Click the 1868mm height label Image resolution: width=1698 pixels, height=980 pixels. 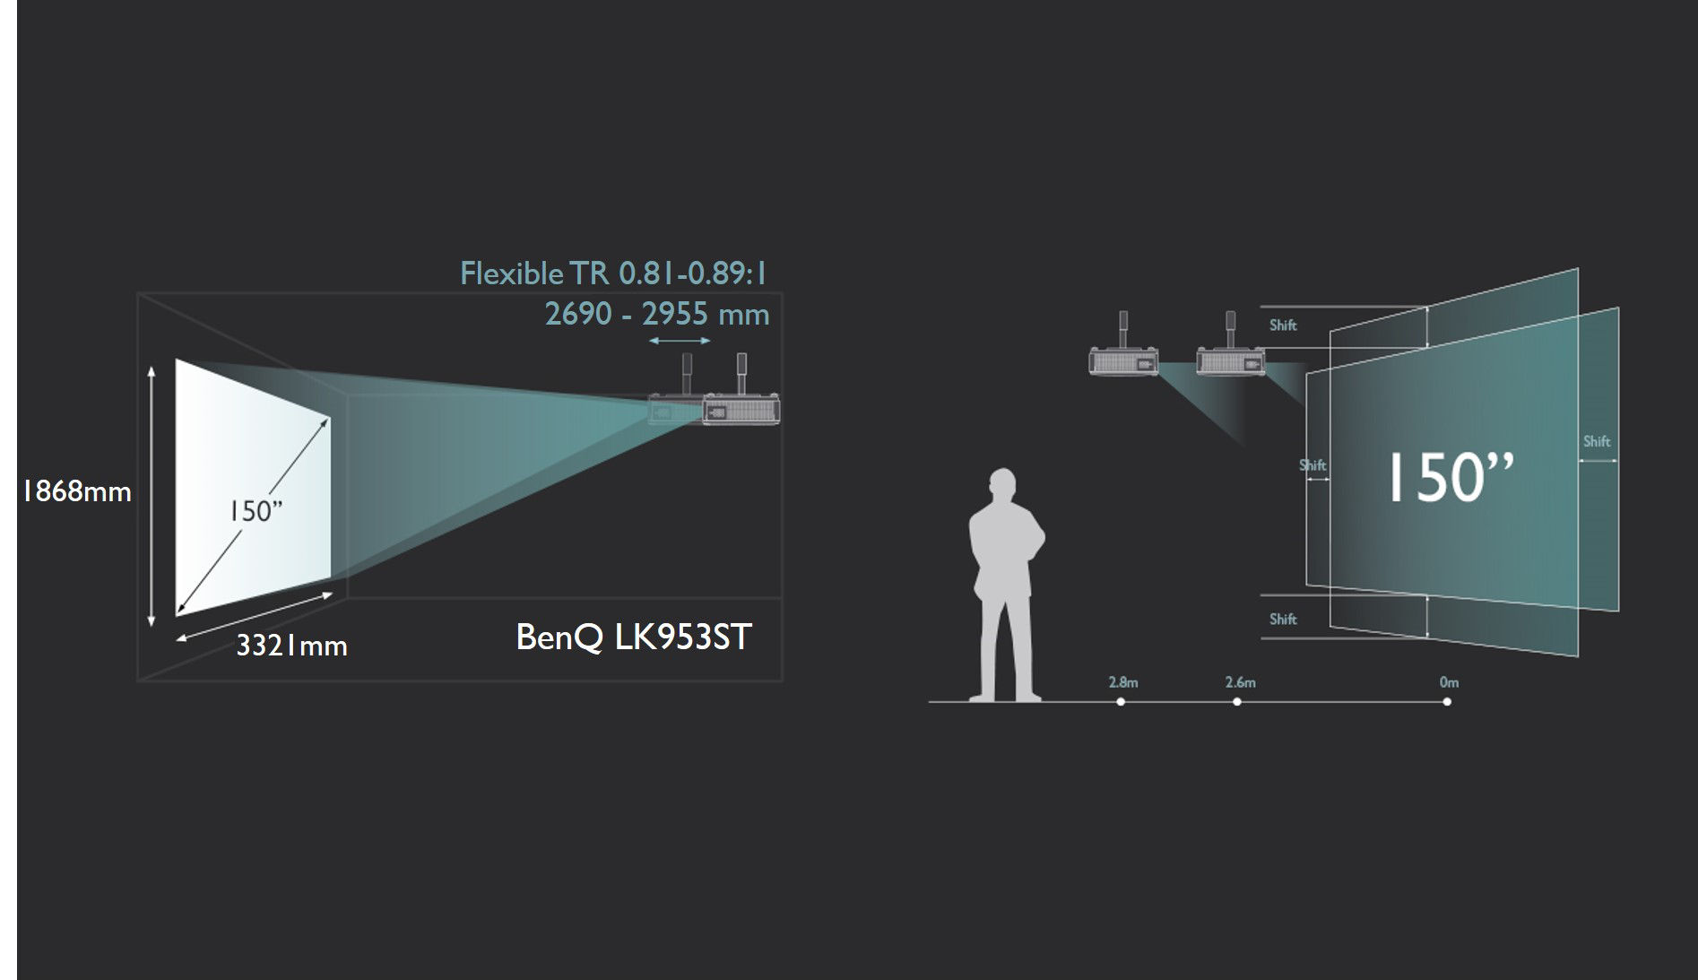coord(77,491)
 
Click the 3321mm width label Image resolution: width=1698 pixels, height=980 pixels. coord(291,646)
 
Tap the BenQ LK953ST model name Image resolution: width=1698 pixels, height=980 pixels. coord(634,637)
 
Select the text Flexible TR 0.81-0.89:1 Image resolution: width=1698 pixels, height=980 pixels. coord(614,273)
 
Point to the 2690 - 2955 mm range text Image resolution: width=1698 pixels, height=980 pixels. coord(657,314)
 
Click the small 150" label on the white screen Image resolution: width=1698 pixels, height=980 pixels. coord(255,511)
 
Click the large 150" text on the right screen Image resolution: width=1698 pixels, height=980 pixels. coord(1451,477)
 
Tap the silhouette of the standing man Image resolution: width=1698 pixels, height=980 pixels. coord(1007,585)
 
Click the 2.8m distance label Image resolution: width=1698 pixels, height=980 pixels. coord(1123,682)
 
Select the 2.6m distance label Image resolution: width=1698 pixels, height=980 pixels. coord(1241,682)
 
